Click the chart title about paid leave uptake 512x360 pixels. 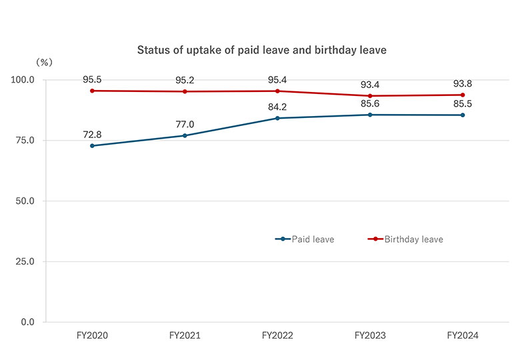[x=261, y=50]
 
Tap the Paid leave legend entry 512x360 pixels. [x=305, y=239]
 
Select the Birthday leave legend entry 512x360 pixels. [x=405, y=239]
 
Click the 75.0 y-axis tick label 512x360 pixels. [x=27, y=141]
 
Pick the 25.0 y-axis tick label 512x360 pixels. [x=27, y=261]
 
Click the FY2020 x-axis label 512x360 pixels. [x=92, y=336]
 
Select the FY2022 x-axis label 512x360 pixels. [x=277, y=336]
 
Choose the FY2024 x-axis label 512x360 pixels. [x=463, y=336]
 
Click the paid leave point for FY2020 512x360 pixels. [x=92, y=145]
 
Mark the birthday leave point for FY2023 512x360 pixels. [x=370, y=96]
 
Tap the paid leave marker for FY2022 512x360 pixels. [x=277, y=118]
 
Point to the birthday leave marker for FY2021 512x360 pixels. [x=185, y=91]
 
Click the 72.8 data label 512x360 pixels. [x=92, y=135]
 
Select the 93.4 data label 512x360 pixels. [x=370, y=85]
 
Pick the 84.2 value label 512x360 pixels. [x=277, y=107]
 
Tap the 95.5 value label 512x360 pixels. [x=92, y=79]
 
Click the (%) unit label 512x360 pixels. [x=44, y=62]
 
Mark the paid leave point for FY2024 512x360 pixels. [x=463, y=115]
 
